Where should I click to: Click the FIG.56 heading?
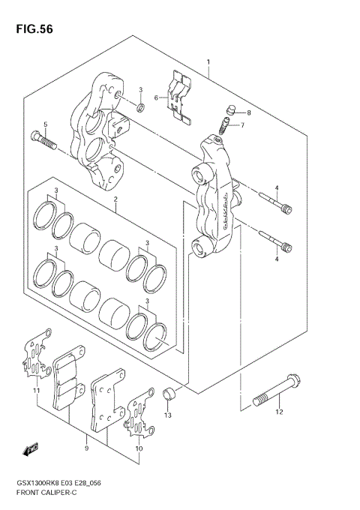(x=34, y=29)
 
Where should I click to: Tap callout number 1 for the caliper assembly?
(x=208, y=61)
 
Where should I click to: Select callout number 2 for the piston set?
(x=115, y=199)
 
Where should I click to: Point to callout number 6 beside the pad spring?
(x=156, y=97)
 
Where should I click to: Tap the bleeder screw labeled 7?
(x=224, y=125)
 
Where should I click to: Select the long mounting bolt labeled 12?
(x=277, y=390)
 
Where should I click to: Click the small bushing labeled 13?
(x=169, y=394)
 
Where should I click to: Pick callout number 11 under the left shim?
(x=37, y=390)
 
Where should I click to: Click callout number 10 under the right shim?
(x=139, y=448)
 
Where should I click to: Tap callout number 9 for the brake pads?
(x=86, y=448)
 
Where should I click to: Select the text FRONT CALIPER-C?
(x=46, y=493)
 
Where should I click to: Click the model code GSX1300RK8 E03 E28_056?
(x=58, y=483)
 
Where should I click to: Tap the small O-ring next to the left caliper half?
(x=141, y=107)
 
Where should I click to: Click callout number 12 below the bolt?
(x=279, y=412)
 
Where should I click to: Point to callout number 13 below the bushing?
(x=168, y=415)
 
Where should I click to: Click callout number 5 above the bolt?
(x=46, y=124)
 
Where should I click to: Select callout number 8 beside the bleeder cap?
(x=249, y=112)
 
